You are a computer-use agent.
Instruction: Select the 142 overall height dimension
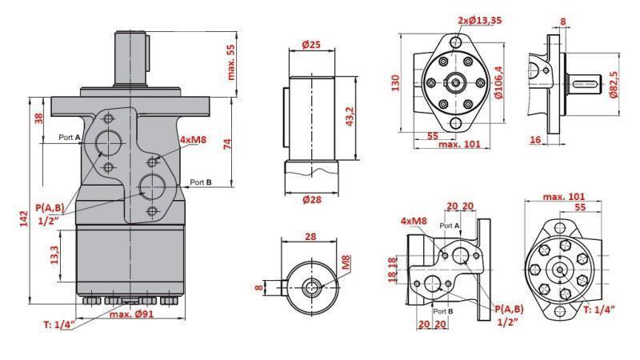tap(23, 218)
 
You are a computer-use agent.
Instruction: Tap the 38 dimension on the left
tap(38, 118)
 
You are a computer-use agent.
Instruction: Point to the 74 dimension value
tap(228, 144)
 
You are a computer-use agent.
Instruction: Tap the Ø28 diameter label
tap(311, 199)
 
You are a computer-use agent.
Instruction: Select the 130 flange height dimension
tap(395, 82)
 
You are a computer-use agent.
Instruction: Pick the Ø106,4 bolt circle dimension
tap(498, 83)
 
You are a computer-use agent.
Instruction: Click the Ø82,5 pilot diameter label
tap(614, 83)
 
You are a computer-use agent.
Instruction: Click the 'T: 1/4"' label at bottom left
tap(58, 323)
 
